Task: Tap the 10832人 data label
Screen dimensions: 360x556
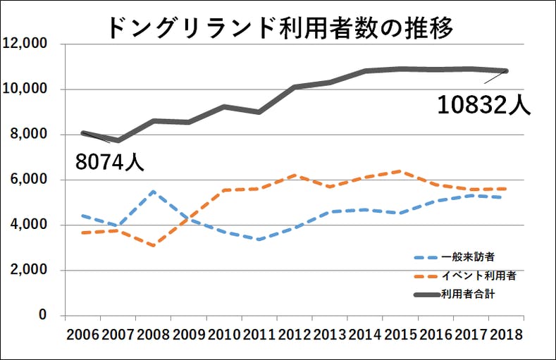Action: [483, 105]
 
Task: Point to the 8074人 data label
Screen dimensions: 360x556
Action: [110, 162]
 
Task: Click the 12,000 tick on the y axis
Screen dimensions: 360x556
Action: [25, 44]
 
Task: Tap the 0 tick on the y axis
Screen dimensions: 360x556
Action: [42, 315]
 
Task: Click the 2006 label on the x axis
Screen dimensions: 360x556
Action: [83, 335]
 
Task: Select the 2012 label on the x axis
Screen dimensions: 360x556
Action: [295, 335]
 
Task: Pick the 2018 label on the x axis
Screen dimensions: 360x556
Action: [505, 335]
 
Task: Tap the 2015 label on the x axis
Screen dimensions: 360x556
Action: [400, 335]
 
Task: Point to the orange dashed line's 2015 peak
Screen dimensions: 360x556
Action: [400, 171]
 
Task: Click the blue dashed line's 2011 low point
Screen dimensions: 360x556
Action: [259, 240]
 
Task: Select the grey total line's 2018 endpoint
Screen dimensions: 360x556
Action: [506, 71]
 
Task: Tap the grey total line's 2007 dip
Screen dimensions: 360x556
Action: [118, 140]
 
